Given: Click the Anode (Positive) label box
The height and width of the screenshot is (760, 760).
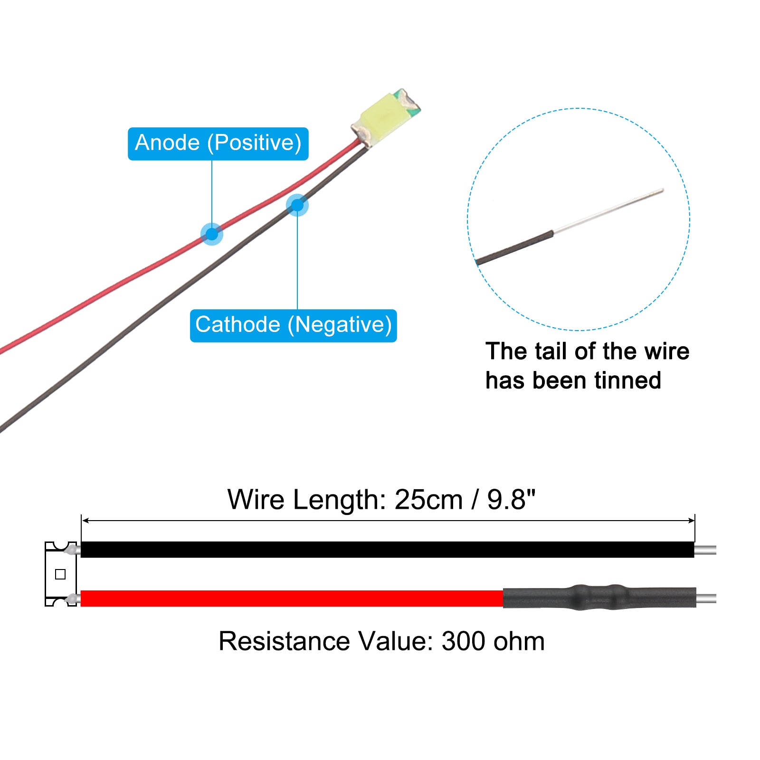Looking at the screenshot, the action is coord(218,143).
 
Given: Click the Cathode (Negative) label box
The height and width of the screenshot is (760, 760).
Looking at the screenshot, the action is coord(293,325).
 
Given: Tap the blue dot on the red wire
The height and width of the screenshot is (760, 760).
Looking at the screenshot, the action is coord(212,234).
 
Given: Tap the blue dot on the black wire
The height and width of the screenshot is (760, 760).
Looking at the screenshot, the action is coord(297,205).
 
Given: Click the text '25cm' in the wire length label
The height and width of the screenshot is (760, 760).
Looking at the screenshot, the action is coord(428,500).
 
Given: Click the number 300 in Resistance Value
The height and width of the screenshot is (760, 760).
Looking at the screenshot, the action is coord(464,641).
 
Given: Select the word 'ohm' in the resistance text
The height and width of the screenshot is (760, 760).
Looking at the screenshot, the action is coord(519,641).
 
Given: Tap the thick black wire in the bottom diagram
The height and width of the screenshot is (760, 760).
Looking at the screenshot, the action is coord(387,549).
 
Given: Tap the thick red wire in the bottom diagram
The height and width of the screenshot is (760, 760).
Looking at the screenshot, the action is coord(292,598).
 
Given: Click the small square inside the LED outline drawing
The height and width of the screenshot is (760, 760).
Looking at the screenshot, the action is coord(60,574).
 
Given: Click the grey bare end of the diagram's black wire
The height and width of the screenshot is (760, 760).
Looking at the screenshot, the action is coord(705,550).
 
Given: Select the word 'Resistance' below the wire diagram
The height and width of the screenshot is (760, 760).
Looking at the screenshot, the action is coord(284,641).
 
